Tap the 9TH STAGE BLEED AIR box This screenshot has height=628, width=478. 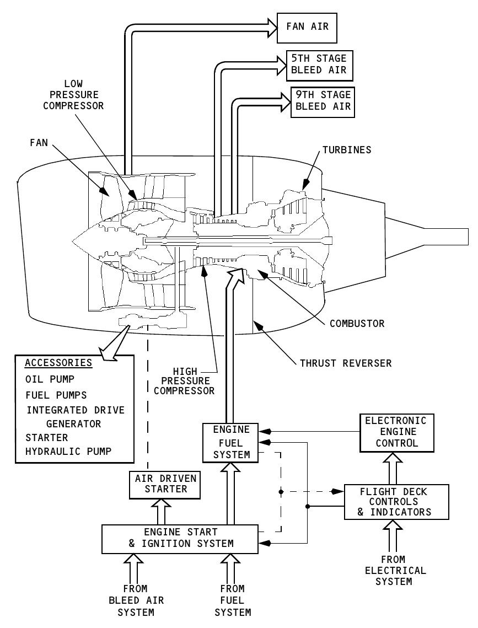tap(323, 101)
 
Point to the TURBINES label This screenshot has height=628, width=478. tap(347, 149)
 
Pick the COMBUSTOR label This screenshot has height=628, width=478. tap(357, 323)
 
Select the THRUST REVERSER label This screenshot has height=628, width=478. tap(346, 363)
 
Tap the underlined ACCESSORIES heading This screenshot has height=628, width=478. tap(58, 363)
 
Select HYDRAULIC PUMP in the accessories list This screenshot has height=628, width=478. tap(68, 451)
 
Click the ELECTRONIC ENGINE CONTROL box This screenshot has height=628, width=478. tap(396, 432)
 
